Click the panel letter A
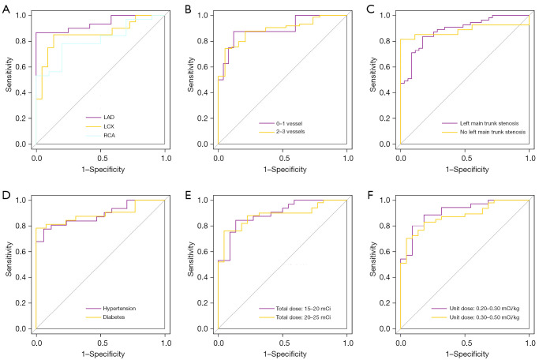[x=6, y=6]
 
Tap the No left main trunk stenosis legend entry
[x=493, y=133]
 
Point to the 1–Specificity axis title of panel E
[x=282, y=353]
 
